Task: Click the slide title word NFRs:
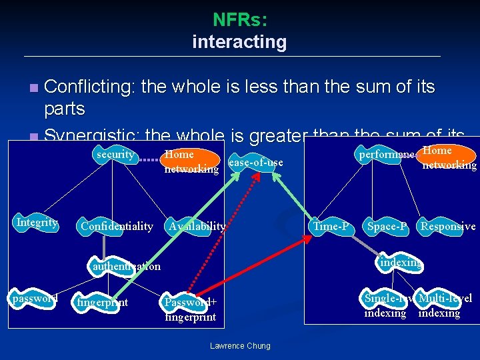coord(240,20)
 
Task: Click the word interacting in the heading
coord(239,42)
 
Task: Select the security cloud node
coord(115,155)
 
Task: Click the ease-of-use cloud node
coord(255,163)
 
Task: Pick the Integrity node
coord(37,223)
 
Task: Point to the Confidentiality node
coord(117,227)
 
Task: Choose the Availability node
coord(197,227)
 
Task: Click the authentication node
coord(126,267)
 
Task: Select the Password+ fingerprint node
coord(190,309)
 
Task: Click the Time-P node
coord(331,227)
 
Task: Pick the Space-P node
coord(387,227)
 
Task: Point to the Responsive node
coord(447,227)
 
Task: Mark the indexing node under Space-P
coord(400,263)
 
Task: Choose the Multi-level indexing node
coord(445,305)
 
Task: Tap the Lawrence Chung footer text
coord(240,345)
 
